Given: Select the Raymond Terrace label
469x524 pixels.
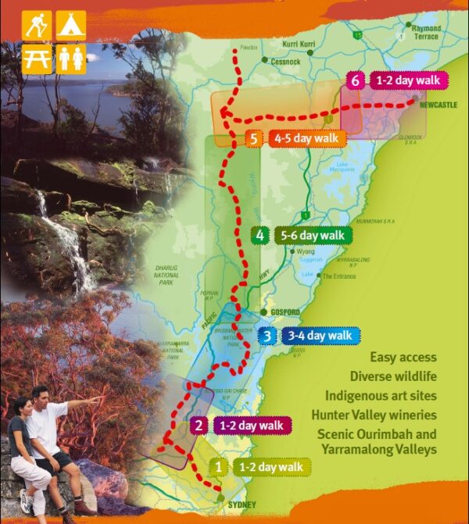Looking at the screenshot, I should (425, 33).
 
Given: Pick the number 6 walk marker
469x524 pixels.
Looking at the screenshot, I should (355, 80).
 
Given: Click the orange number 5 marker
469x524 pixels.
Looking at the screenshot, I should (253, 139).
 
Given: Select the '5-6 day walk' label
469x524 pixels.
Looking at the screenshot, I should (310, 234).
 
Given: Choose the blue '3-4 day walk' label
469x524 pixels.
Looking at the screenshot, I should (318, 336).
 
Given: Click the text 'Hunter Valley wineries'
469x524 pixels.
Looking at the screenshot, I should (374, 415).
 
